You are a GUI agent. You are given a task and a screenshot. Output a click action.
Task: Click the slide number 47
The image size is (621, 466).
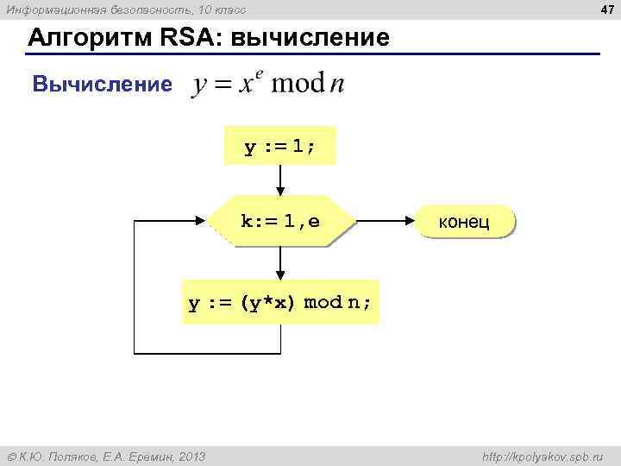coord(606,9)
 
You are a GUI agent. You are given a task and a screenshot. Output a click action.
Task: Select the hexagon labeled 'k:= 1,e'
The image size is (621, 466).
coord(280,222)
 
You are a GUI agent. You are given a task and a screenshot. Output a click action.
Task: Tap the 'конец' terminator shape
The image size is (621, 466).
coord(464,222)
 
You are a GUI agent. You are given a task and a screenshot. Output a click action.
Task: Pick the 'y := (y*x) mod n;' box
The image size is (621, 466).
coord(280,302)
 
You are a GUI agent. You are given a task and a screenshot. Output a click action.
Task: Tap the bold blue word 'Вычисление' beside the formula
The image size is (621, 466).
coord(102,85)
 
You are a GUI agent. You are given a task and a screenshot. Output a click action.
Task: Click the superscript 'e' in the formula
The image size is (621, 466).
coord(258,74)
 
